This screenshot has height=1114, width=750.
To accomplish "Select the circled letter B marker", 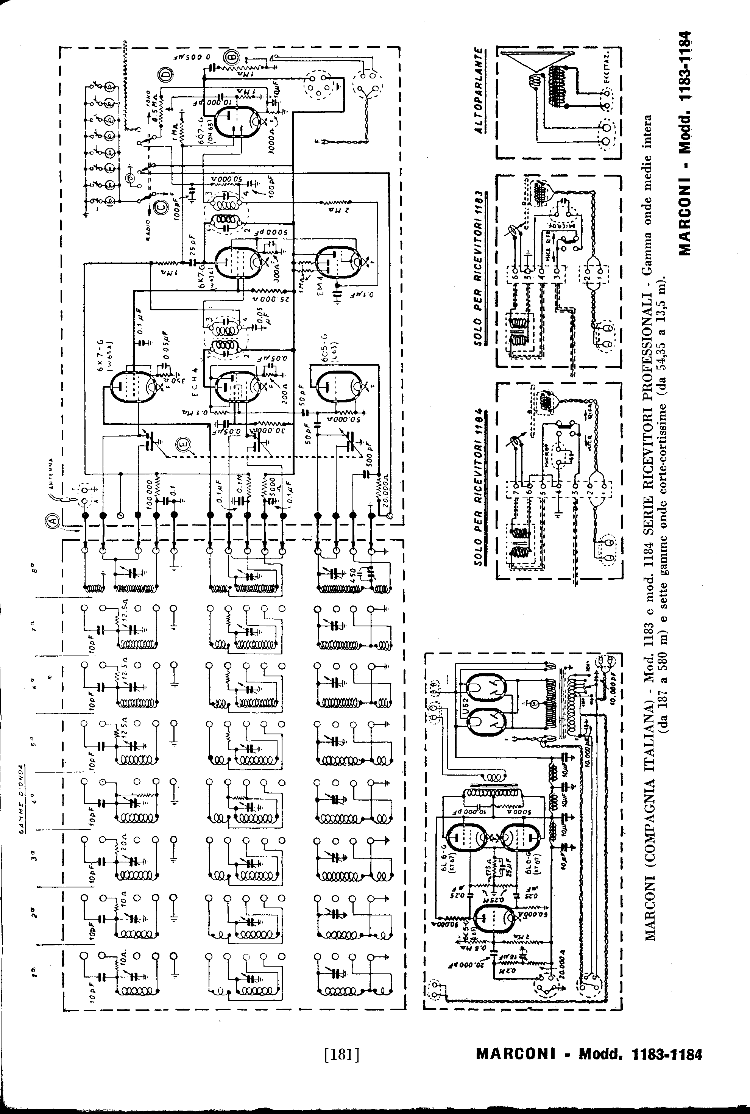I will tap(233, 58).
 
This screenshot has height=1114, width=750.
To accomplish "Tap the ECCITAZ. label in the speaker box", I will tap(607, 72).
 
